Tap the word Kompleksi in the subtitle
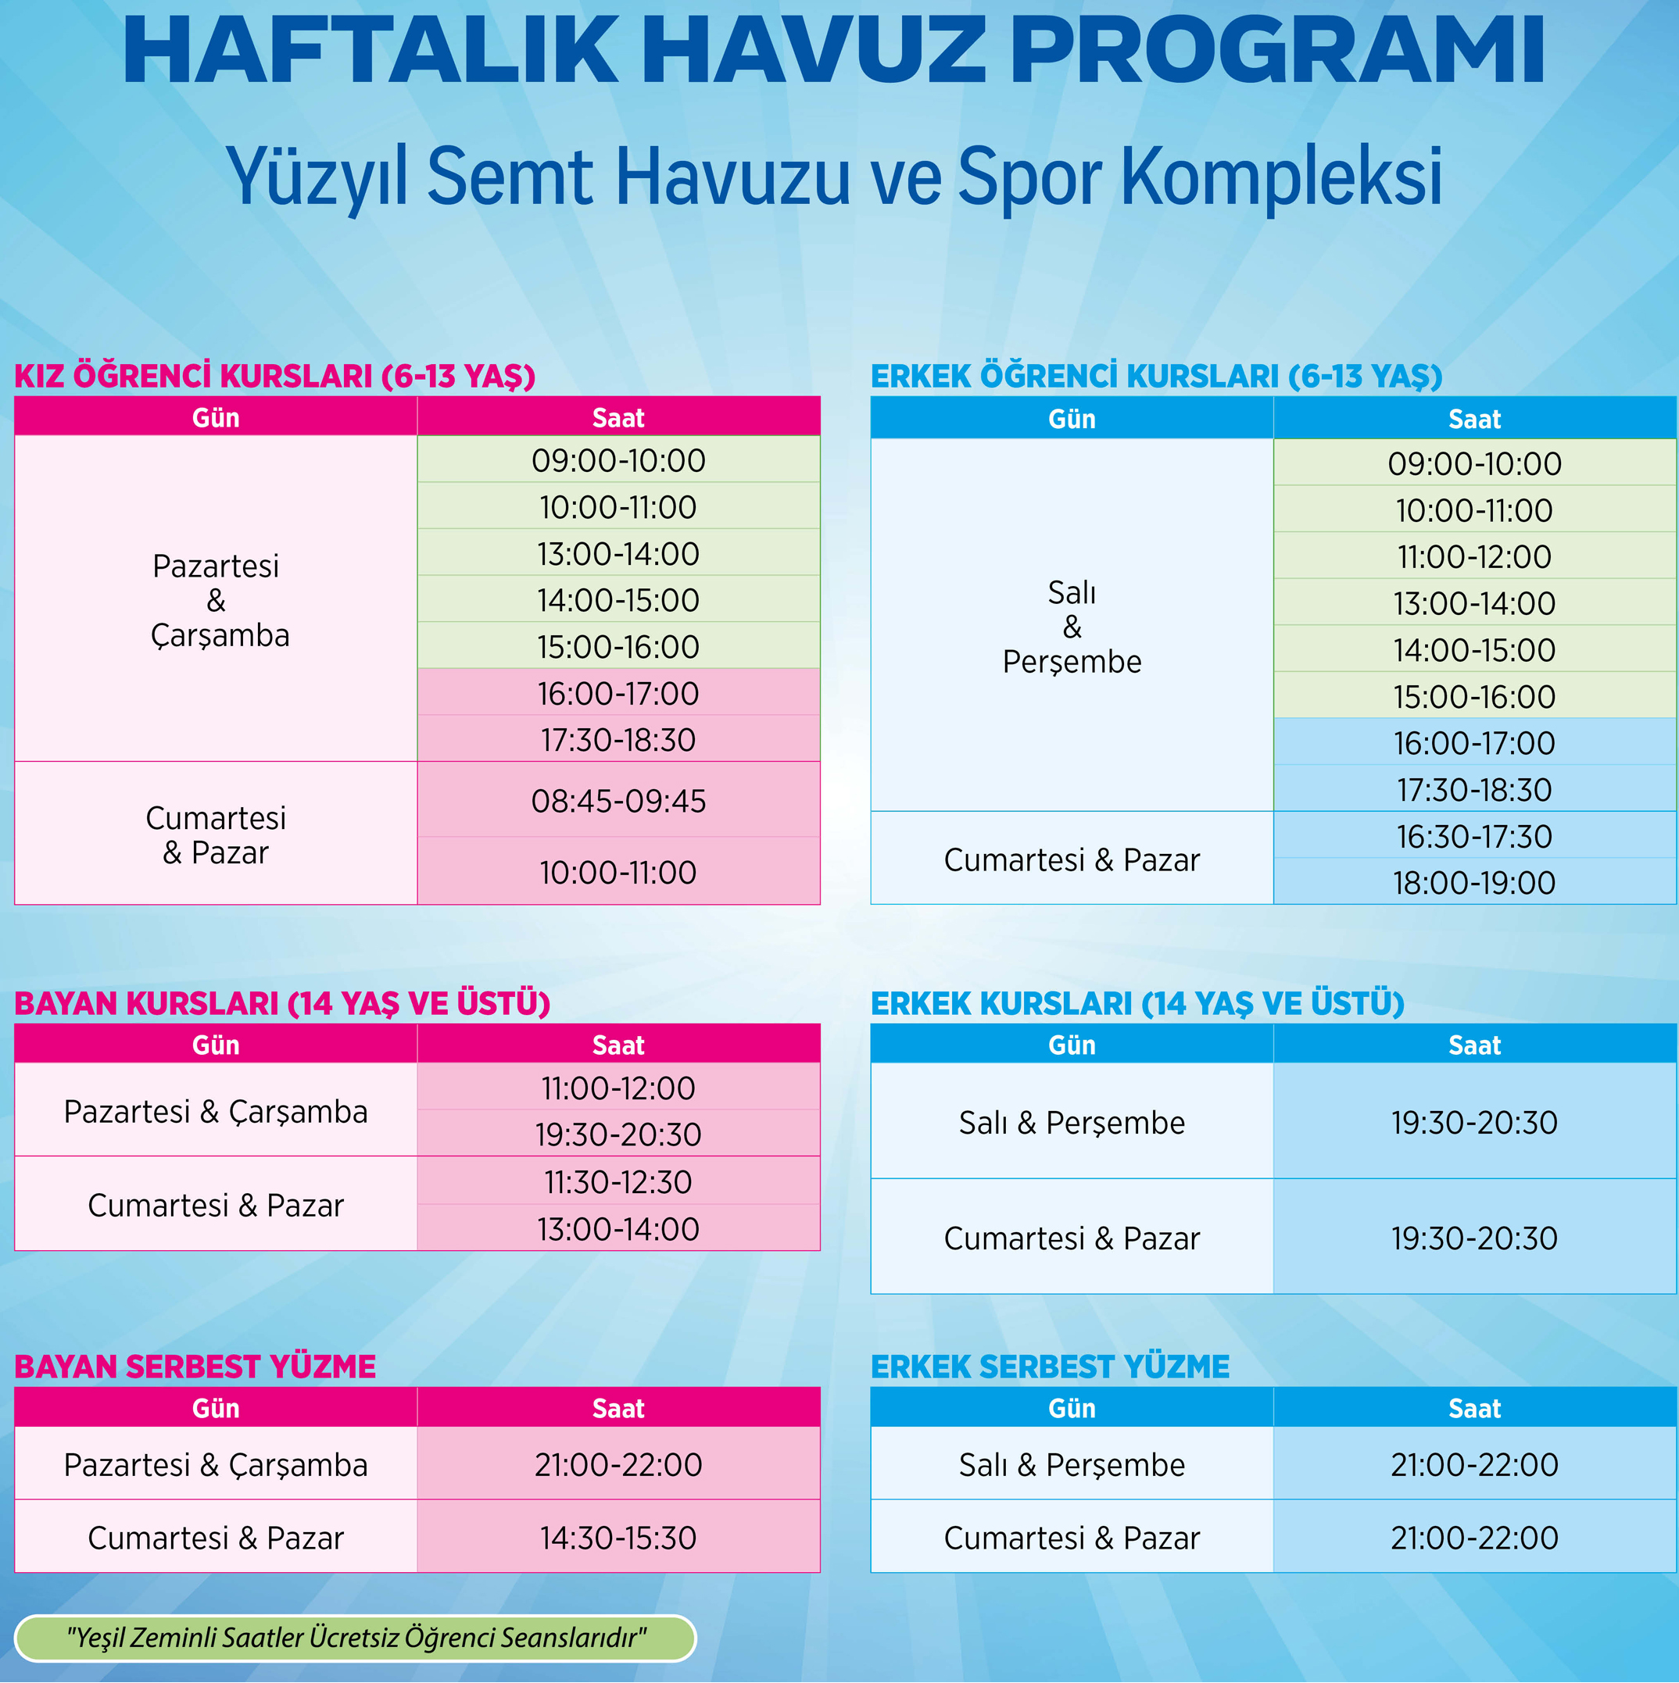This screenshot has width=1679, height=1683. point(1281,177)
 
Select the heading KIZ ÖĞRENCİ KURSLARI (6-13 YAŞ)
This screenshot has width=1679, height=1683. point(274,377)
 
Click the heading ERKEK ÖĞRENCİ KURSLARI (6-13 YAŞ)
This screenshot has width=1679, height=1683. point(1156,377)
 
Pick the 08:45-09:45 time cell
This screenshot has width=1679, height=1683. point(618,802)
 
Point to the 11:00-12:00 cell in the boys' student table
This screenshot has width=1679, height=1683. point(1474,556)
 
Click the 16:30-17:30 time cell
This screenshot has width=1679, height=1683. point(1474,836)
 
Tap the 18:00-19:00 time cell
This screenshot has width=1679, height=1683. point(1474,882)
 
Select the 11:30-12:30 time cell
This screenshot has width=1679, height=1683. point(618,1182)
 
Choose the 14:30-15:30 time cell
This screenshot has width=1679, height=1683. point(618,1538)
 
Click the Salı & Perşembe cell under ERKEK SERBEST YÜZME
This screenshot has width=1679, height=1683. point(1072,1464)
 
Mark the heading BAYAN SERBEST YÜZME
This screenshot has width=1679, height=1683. point(195,1367)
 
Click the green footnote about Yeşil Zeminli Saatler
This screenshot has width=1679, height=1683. point(356,1638)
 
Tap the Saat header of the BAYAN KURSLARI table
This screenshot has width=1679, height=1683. point(618,1045)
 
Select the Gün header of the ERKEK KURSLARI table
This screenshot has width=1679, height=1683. point(1072,1045)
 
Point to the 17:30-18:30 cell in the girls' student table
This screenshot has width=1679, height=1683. point(618,740)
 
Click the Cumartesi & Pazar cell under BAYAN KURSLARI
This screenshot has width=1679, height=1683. point(215,1205)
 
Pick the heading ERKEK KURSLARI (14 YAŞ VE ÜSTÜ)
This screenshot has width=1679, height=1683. point(1137,1003)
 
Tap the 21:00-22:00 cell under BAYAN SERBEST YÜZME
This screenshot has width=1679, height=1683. point(618,1464)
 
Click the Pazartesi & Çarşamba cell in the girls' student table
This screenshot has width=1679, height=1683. point(215,600)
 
